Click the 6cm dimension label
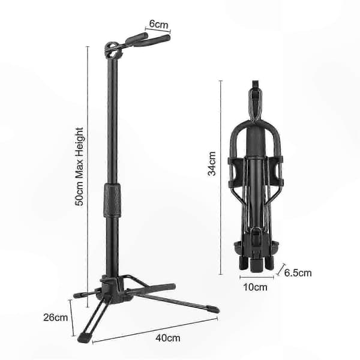point(158,24)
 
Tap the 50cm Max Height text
point(79,167)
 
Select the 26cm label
point(56,317)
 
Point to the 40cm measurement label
point(168,338)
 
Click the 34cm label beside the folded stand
point(212,164)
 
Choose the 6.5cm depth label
point(298,273)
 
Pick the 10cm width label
point(255,287)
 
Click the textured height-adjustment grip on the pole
point(112,200)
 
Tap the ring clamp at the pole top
point(112,50)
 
